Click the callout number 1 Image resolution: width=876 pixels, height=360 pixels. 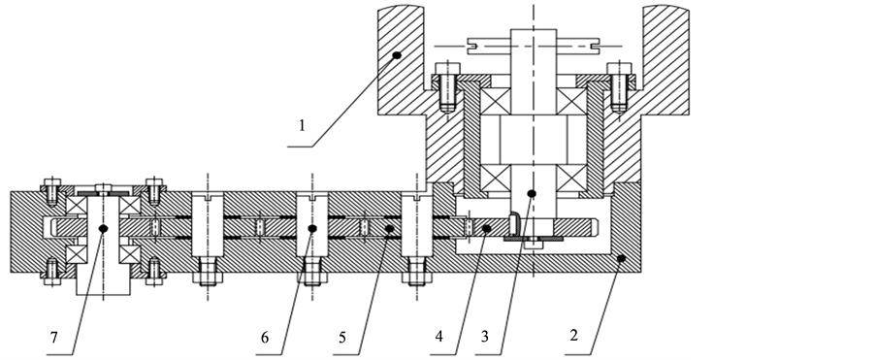(x=303, y=126)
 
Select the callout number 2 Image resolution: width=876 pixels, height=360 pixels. (x=573, y=336)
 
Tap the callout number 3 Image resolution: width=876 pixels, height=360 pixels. (x=484, y=337)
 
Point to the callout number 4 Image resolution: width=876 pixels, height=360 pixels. (x=439, y=337)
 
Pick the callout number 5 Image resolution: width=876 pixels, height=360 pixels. (x=341, y=338)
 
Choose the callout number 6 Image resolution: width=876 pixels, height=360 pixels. (x=264, y=338)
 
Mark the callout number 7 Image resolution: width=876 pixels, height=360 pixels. (x=53, y=338)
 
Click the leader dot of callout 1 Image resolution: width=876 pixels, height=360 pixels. (x=397, y=54)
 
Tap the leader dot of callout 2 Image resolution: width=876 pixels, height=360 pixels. (x=621, y=258)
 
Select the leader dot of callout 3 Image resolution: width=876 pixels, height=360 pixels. (x=532, y=193)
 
